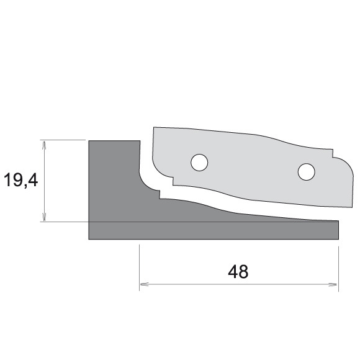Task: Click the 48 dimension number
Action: [238, 272]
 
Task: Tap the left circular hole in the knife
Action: [199, 162]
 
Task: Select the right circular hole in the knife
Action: [305, 171]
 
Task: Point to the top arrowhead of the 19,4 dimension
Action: [44, 143]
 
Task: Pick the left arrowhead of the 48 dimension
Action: [142, 284]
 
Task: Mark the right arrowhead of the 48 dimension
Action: [335, 284]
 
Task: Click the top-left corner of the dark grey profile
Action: [89, 141]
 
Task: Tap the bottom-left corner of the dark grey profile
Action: [89, 239]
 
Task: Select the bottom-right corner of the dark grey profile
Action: [338, 239]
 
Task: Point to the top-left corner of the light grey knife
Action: [154, 128]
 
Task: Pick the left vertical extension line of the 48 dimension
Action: [139, 267]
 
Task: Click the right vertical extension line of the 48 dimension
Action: [338, 267]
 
